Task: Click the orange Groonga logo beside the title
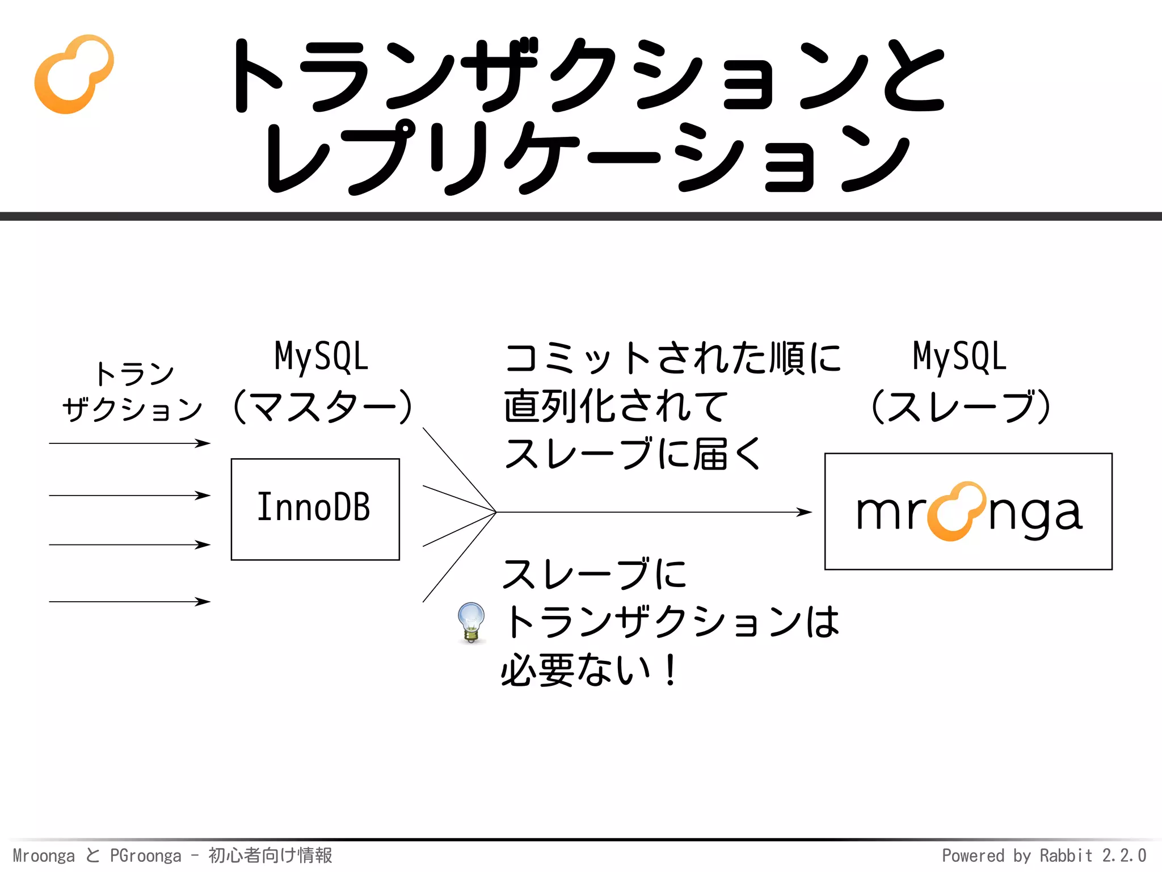[74, 74]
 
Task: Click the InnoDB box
[315, 509]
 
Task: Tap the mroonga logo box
[968, 511]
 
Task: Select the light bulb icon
[471, 622]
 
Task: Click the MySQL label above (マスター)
[321, 357]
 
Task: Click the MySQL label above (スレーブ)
[959, 357]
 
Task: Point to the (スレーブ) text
[959, 406]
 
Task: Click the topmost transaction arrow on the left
[129, 443]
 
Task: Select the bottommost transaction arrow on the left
[129, 601]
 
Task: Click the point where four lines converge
[496, 512]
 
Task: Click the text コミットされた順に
[672, 358]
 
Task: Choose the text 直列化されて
[616, 406]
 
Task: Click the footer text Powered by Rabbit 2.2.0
[1044, 855]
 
